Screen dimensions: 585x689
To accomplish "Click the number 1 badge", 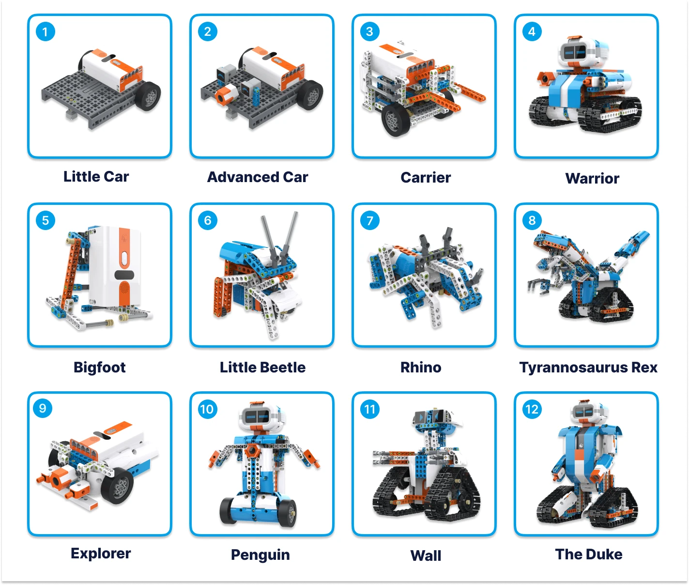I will point(46,32).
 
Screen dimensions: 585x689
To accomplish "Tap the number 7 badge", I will point(370,221).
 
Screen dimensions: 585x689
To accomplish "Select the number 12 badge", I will point(532,410).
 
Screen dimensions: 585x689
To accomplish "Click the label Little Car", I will point(96,177).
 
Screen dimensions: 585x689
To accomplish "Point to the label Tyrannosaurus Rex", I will point(588,368).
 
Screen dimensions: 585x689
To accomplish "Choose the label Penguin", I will point(260,555).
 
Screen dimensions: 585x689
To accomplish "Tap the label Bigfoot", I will point(99,368).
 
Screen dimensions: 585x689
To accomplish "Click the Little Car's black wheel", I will point(149,95).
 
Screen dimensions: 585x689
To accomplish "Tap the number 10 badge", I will point(207,410).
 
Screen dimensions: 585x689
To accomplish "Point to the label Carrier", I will point(426,178).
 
